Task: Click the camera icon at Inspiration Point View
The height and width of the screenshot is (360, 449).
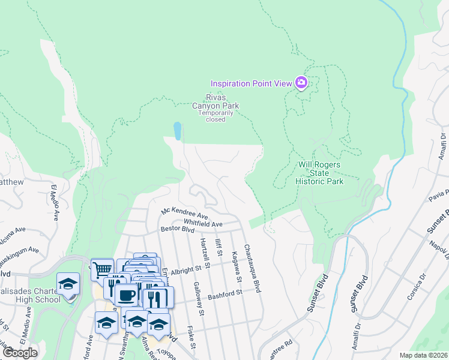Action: click(x=301, y=83)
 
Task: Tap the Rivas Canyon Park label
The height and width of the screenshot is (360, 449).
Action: click(x=215, y=101)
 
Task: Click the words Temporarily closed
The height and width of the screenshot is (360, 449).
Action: click(x=215, y=116)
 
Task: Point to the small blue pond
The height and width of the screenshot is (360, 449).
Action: click(x=177, y=130)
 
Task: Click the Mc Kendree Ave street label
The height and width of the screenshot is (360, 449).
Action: click(x=184, y=213)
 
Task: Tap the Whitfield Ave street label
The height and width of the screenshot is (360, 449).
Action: click(x=203, y=223)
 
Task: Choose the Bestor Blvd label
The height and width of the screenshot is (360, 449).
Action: click(x=178, y=229)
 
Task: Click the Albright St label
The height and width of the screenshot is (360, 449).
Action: click(x=190, y=269)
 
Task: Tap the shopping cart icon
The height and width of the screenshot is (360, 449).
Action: click(x=103, y=269)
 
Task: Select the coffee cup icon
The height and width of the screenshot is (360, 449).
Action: click(x=126, y=295)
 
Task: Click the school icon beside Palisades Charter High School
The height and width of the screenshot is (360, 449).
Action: click(x=68, y=284)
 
